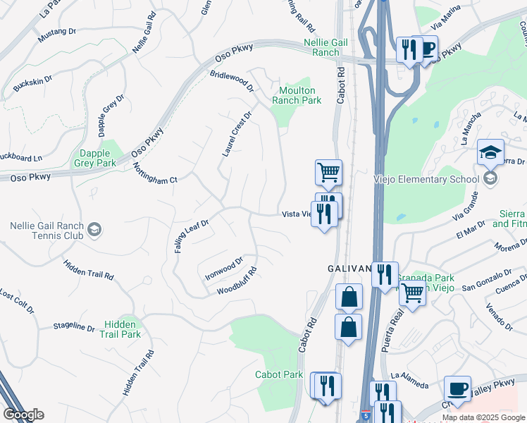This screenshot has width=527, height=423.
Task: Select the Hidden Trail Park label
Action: click(122, 329)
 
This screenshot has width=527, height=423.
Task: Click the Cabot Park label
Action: click(279, 375)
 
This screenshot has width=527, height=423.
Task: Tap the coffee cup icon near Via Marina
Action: click(426, 49)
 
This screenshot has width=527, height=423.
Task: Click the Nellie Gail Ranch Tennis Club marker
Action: click(94, 229)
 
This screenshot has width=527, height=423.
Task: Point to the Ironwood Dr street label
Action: click(223, 266)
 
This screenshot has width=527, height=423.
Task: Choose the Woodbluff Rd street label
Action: click(237, 281)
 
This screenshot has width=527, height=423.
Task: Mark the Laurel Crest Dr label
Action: click(237, 133)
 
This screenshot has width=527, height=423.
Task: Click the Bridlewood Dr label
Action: click(231, 80)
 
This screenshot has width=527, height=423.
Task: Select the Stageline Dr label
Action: click(74, 326)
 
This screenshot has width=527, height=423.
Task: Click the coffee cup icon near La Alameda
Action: click(457, 389)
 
